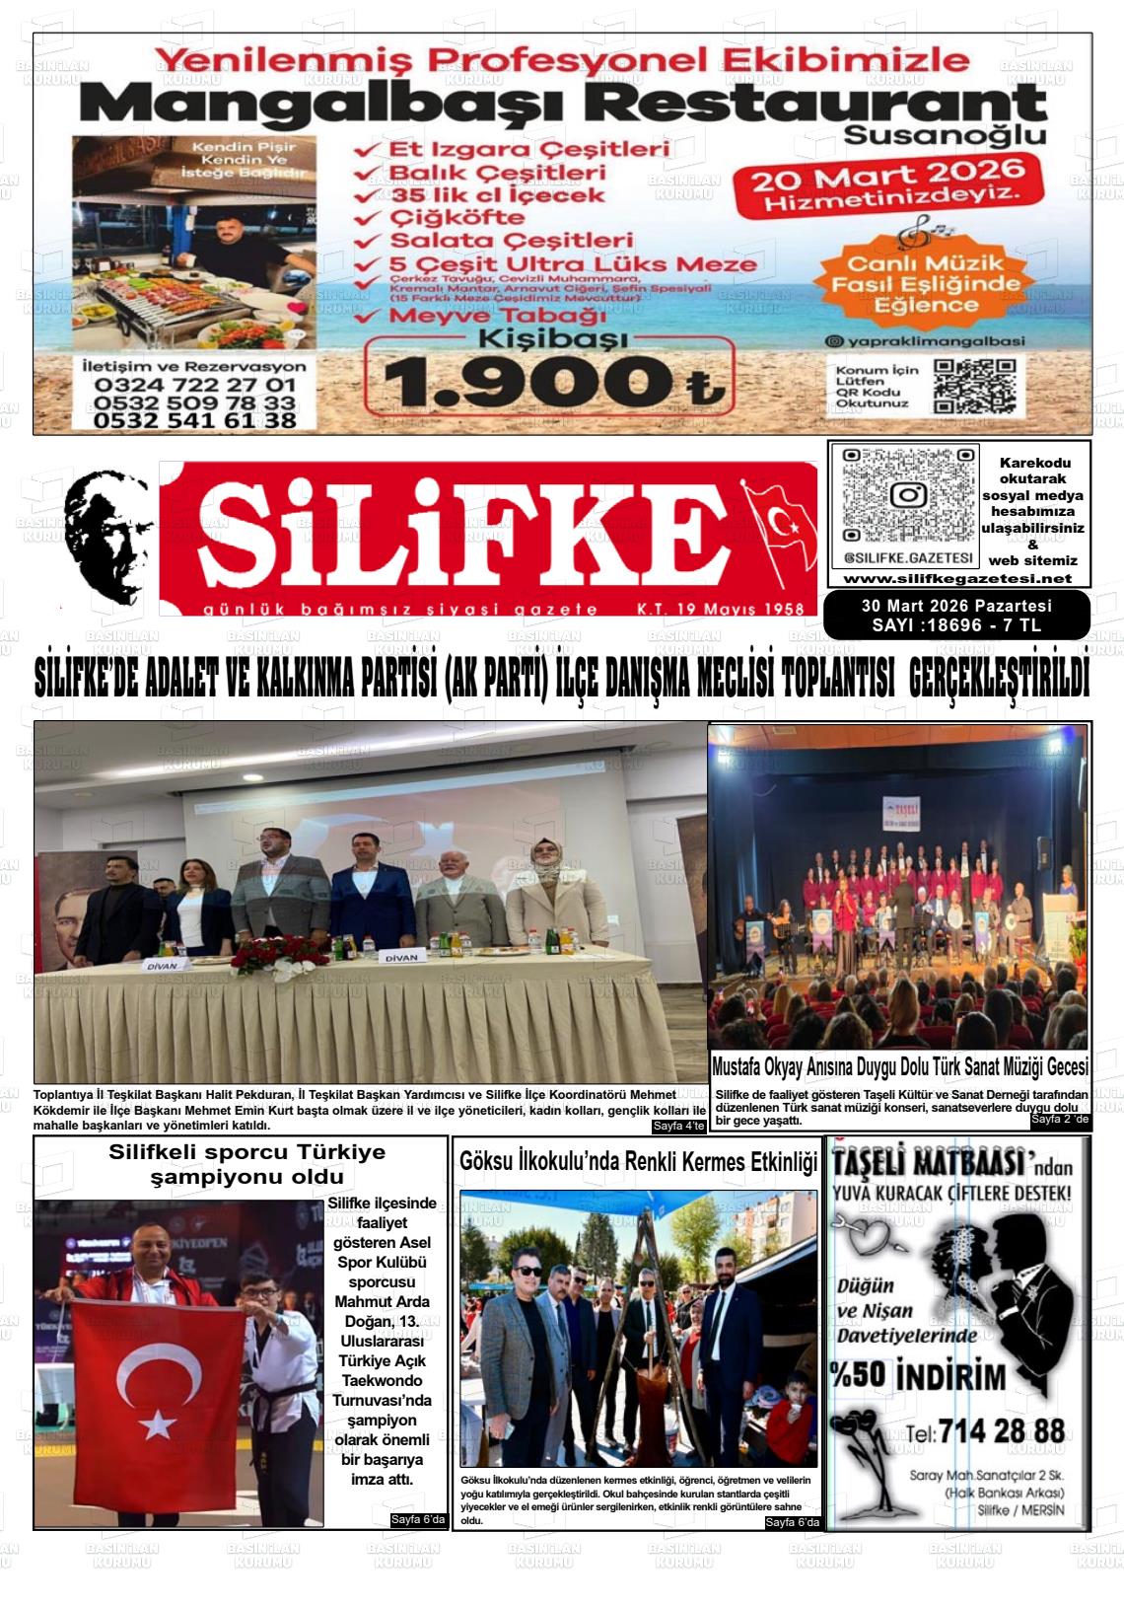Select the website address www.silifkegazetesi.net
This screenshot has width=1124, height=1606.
click(957, 578)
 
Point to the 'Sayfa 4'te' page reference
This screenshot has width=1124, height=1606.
click(678, 1127)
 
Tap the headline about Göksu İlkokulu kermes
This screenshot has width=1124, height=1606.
click(639, 1162)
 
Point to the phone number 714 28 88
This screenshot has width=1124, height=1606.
click(1001, 1430)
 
